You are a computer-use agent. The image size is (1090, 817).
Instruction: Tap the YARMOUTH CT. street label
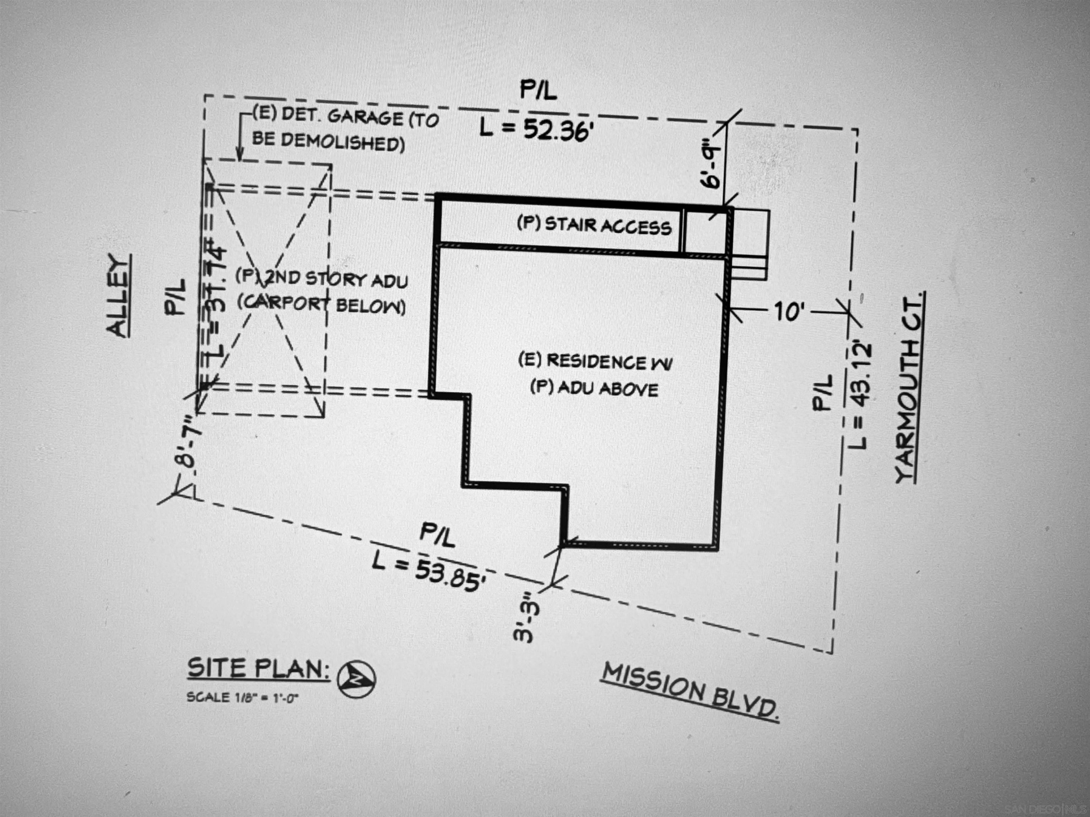pos(909,388)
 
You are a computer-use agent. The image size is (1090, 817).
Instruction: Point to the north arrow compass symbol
pos(356,679)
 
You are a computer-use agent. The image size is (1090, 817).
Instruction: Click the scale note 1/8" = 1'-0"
pos(242,697)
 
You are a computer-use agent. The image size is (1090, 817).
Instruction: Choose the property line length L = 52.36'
pos(535,129)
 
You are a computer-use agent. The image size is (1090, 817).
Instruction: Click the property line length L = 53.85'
pos(428,571)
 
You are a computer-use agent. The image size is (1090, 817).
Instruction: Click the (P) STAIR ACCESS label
pos(594,226)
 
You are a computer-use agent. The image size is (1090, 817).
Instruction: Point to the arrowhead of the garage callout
pos(240,157)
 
